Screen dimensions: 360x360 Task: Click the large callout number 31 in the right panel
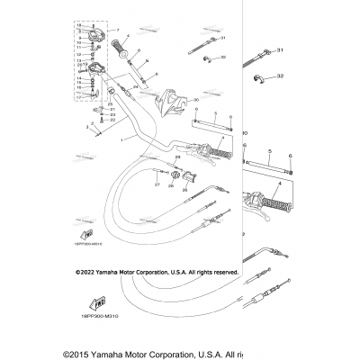(x=280, y=50)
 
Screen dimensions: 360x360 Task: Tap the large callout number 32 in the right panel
(x=280, y=77)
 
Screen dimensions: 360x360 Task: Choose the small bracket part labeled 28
(x=177, y=175)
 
